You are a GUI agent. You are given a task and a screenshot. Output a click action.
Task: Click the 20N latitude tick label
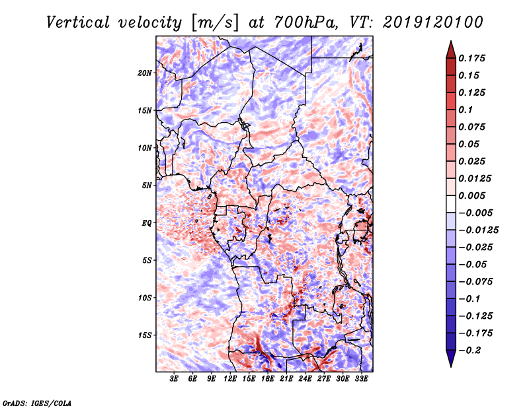[145, 73]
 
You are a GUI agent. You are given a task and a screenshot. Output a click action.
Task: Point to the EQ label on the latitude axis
[147, 222]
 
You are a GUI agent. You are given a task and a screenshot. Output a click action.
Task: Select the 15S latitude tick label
[145, 335]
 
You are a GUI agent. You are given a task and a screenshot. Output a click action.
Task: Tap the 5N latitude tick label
[147, 185]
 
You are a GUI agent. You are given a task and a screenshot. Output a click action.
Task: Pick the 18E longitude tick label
[267, 379]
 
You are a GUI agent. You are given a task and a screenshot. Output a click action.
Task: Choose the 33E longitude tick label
[361, 379]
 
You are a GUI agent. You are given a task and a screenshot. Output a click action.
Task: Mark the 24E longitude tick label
[305, 379]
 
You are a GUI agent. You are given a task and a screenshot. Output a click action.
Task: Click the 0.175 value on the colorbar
[473, 58]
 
